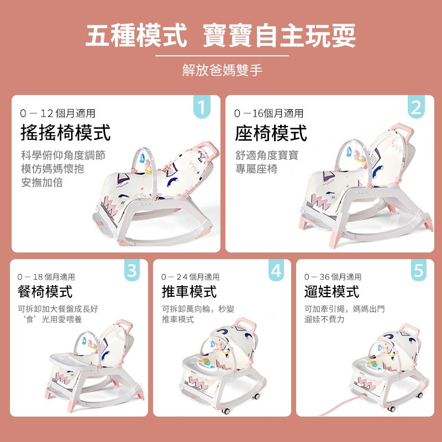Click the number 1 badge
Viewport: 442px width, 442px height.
[202, 107]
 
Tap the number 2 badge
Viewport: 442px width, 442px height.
[416, 107]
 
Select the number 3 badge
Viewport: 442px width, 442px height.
[132, 270]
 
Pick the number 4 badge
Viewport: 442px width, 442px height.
[276, 270]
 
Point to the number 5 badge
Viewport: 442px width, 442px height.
[419, 270]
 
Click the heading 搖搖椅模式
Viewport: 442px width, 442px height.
[65, 133]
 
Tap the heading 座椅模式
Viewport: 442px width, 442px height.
[271, 133]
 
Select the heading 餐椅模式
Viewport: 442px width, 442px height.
[45, 292]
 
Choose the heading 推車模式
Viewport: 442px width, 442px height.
[189, 292]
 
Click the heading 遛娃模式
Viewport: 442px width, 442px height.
[332, 292]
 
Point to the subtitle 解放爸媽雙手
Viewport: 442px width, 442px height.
[222, 70]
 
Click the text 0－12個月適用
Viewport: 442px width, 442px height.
[58, 113]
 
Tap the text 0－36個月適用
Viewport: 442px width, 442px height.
[333, 277]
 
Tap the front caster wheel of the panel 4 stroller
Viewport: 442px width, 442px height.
[225, 411]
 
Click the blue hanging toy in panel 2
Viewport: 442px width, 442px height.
[349, 152]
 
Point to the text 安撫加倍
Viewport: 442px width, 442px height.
[42, 183]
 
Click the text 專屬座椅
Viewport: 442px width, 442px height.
[256, 169]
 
